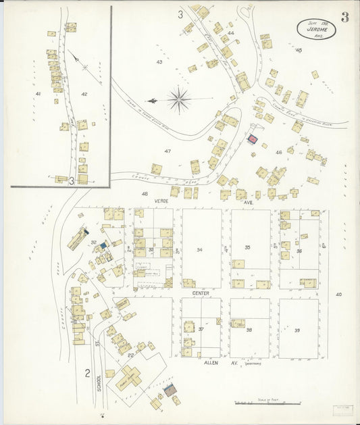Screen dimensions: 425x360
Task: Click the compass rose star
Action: point(179,100)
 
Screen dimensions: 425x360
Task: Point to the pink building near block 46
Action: point(253,139)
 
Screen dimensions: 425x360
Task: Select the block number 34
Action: point(199,249)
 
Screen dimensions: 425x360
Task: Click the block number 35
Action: point(248,247)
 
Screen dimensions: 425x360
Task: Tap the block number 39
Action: point(297,330)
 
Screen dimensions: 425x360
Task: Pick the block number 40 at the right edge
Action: point(338,294)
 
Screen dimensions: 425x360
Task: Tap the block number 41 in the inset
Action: point(38,93)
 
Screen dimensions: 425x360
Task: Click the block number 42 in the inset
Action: point(84,93)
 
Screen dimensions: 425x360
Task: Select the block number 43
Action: point(159,62)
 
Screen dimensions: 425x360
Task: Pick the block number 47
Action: point(167,151)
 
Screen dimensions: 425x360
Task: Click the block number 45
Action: point(299,50)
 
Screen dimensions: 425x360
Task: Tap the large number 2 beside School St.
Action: point(87,372)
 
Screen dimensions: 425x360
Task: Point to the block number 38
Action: point(249,330)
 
